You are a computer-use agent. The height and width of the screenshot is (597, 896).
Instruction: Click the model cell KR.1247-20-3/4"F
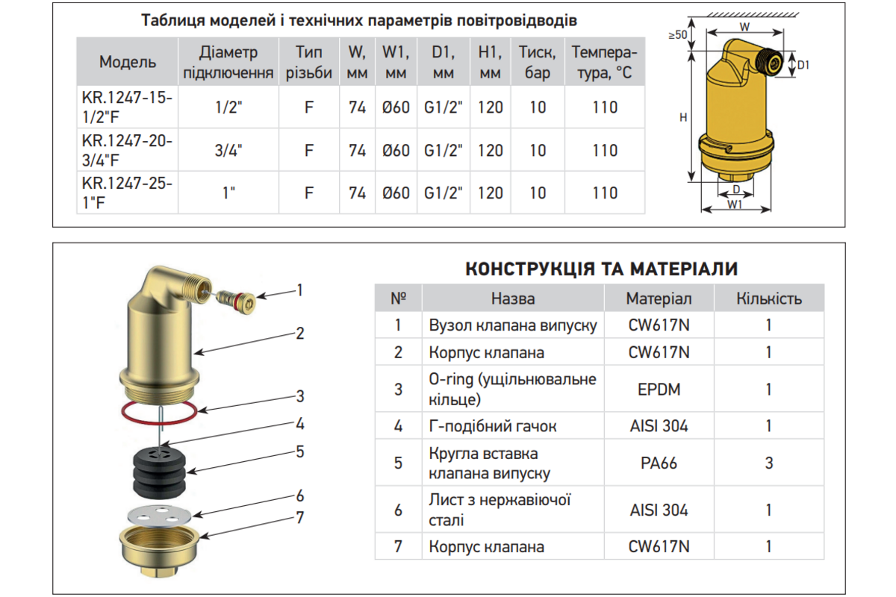127,150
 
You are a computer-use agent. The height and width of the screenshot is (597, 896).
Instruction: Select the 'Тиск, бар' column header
537,62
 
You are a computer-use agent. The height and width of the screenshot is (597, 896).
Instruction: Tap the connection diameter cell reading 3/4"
228,150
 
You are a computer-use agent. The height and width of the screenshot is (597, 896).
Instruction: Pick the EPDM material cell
659,389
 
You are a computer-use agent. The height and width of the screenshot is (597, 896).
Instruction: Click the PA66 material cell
659,463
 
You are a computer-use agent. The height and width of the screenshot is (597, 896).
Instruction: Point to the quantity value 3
769,463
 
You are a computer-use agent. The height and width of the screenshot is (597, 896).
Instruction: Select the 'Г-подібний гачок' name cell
513,426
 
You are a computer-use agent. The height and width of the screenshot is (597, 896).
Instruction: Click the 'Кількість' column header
769,298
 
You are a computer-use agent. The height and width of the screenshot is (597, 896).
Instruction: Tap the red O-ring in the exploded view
159,422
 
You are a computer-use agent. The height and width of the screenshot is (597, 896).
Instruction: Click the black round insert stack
159,472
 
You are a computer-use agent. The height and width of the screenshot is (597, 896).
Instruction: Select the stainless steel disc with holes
159,515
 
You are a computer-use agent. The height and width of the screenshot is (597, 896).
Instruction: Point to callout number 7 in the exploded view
300,518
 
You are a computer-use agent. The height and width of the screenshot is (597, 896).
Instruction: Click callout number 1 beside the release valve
299,290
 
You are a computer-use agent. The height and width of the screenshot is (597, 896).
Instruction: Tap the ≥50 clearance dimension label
677,35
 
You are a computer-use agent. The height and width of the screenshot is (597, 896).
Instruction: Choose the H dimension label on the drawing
683,117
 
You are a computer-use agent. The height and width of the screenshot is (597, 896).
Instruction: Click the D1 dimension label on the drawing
803,65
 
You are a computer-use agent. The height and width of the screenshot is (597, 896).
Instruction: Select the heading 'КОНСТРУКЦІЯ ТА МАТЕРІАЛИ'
601,269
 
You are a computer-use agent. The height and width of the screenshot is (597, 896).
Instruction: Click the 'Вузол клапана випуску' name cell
513,325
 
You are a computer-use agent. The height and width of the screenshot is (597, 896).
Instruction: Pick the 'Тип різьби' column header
309,62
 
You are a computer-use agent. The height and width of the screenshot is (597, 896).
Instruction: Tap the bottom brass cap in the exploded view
159,551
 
